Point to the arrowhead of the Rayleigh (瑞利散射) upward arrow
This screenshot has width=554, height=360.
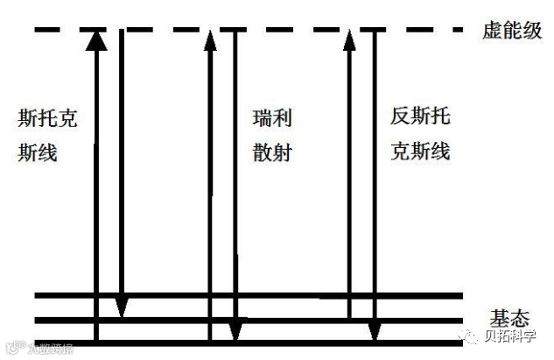(x=210, y=40)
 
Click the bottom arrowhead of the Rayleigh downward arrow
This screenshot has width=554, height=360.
(x=234, y=331)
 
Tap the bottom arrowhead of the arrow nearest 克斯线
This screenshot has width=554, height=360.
(x=375, y=331)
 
